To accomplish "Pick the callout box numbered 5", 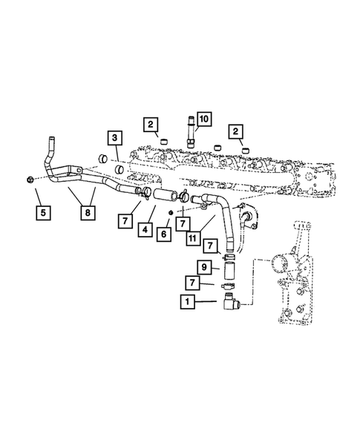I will (43, 213).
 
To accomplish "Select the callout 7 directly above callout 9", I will (211, 246).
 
